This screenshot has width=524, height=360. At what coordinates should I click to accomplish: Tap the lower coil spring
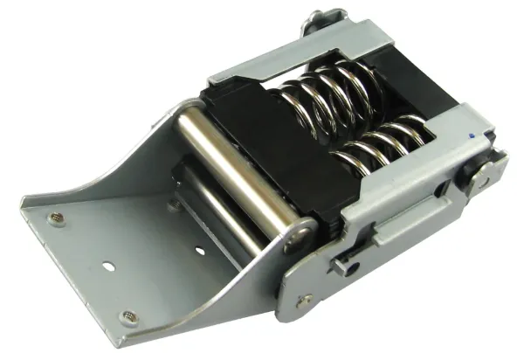coord(384,144)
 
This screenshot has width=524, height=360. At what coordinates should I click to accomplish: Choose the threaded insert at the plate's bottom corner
coord(130,316)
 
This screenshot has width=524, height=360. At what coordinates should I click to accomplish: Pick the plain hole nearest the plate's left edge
coord(107,263)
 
